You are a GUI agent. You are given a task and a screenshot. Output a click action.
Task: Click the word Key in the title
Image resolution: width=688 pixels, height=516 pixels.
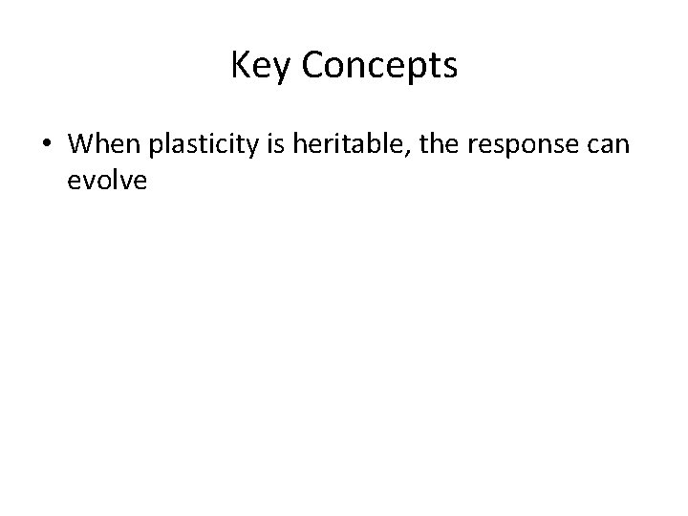[x=258, y=66]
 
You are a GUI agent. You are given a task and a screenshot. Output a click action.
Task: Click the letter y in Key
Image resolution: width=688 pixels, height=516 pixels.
[x=277, y=70]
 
